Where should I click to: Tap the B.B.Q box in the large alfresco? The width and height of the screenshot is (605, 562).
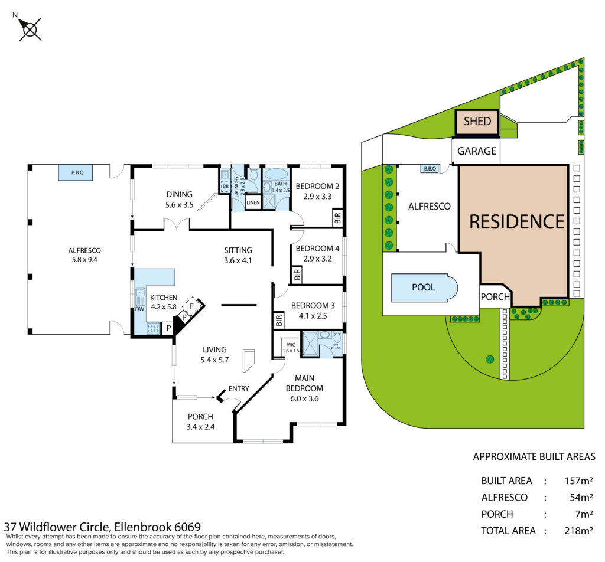click(77, 173)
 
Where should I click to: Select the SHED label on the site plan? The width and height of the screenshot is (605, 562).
click(477, 122)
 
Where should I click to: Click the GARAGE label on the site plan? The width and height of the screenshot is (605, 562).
click(477, 151)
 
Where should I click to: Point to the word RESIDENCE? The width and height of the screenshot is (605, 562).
click(517, 221)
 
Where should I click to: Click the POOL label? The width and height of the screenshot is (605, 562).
click(423, 287)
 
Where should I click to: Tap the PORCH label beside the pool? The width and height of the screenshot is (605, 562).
click(494, 296)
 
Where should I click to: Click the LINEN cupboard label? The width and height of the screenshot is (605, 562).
click(253, 203)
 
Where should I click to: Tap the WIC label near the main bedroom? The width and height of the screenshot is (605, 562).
click(290, 344)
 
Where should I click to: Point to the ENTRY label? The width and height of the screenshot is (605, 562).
click(239, 388)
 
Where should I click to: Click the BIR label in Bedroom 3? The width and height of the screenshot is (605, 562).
click(278, 321)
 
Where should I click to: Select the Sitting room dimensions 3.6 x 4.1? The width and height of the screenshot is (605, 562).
click(238, 261)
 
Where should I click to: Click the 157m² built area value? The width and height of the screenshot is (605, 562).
click(579, 481)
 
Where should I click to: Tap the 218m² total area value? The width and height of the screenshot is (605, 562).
click(579, 531)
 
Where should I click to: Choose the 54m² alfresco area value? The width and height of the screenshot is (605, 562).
click(581, 497)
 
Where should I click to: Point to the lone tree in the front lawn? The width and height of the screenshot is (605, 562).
click(490, 358)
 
